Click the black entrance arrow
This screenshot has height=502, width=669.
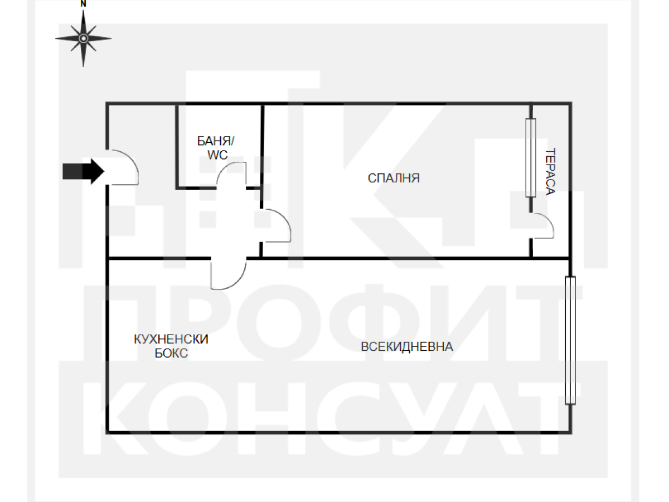pyautogui.click(x=83, y=171)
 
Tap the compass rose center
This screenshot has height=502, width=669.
pyautogui.click(x=83, y=38)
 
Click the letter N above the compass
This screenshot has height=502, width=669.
pyautogui.click(x=83, y=4)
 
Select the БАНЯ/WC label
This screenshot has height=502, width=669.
pyautogui.click(x=216, y=148)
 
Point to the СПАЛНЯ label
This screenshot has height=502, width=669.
pyautogui.click(x=394, y=178)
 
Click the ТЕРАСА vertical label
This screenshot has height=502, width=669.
pyautogui.click(x=550, y=171)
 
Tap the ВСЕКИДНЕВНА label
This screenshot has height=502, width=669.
pyautogui.click(x=406, y=346)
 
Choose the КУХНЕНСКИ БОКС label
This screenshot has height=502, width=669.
pyautogui.click(x=171, y=346)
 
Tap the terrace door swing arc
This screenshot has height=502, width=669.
pyautogui.click(x=549, y=221)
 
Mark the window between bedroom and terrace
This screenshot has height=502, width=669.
pyautogui.click(x=531, y=158)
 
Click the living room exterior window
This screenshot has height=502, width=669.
pyautogui.click(x=570, y=340)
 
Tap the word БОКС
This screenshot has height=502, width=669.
pyautogui.click(x=171, y=353)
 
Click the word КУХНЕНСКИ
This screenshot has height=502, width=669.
pyautogui.click(x=171, y=339)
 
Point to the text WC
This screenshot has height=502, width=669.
pyautogui.click(x=217, y=155)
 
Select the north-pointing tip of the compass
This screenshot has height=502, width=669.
pyautogui.click(x=83, y=11)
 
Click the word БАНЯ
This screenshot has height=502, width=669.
pyautogui.click(x=214, y=141)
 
